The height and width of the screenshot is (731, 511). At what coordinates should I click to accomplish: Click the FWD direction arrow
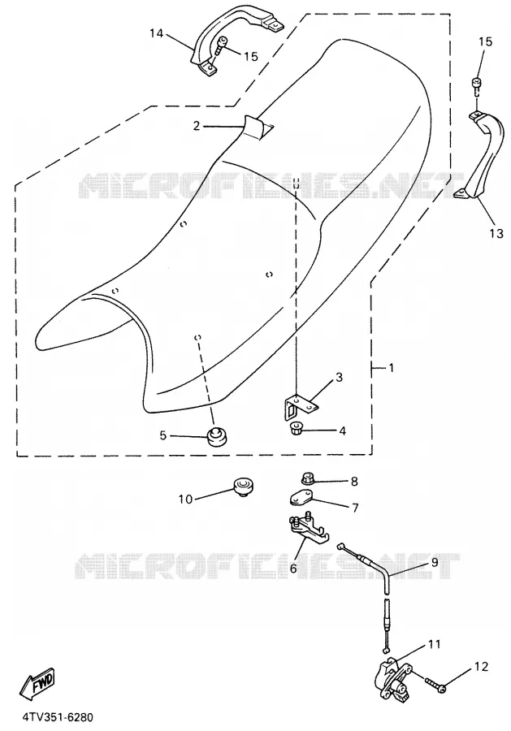(37, 683)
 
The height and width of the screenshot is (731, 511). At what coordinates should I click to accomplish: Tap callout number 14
(157, 33)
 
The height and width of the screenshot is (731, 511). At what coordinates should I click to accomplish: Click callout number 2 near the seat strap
(197, 125)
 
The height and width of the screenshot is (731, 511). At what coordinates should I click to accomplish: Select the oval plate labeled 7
(301, 499)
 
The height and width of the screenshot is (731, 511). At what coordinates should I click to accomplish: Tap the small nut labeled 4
(294, 428)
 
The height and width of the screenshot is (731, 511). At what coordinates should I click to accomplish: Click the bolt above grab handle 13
(478, 87)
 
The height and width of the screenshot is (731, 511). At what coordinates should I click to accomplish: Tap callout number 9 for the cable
(435, 562)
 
